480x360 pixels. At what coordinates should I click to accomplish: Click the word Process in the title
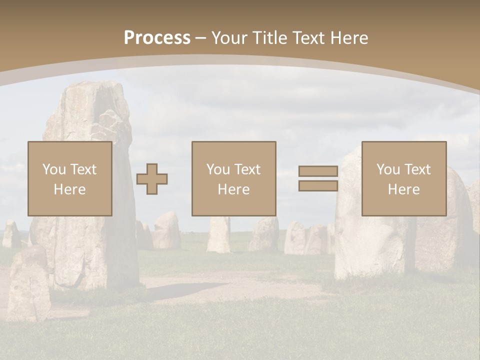click(157, 38)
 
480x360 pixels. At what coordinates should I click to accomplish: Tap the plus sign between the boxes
click(152, 179)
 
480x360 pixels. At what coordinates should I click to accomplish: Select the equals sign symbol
click(318, 178)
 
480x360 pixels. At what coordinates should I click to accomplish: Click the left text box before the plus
click(69, 178)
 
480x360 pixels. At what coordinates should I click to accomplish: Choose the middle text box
click(233, 178)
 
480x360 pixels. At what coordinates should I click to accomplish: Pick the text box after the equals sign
click(403, 178)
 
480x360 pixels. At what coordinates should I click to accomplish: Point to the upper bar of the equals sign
click(318, 171)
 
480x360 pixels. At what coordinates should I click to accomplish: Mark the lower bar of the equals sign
click(318, 185)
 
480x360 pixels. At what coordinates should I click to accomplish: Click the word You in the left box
click(53, 169)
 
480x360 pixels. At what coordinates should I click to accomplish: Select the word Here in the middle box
click(233, 189)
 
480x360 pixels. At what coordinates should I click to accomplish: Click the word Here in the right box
click(403, 189)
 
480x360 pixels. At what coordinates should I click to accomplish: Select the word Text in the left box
click(83, 169)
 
